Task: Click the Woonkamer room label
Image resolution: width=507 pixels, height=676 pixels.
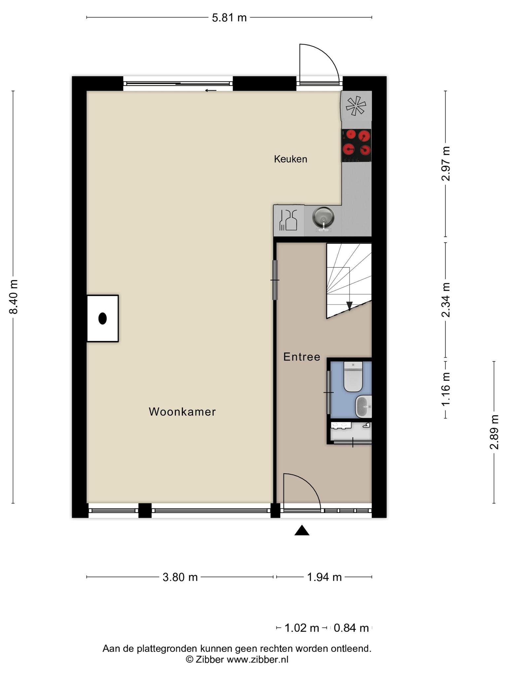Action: click(182, 412)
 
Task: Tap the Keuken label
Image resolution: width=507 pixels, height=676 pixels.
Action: click(290, 159)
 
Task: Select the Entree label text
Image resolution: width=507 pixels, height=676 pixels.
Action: click(302, 357)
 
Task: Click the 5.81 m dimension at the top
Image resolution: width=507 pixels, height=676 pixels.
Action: click(229, 17)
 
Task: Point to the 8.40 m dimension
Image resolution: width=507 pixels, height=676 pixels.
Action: click(13, 297)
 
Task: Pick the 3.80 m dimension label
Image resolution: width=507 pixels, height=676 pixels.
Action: click(180, 577)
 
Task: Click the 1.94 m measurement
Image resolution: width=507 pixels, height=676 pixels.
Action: click(324, 577)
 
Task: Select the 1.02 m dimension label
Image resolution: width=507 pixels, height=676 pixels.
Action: click(302, 627)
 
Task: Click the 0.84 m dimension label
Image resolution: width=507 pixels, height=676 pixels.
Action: click(351, 627)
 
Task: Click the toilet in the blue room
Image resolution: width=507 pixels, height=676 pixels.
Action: click(353, 377)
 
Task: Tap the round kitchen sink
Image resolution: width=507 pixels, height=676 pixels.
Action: click(323, 218)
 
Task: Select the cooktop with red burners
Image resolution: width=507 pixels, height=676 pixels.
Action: click(356, 145)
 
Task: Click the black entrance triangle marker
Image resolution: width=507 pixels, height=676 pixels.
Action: click(302, 531)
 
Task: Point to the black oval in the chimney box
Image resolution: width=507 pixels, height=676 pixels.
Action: click(103, 319)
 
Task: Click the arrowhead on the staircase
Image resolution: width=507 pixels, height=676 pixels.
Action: click(349, 306)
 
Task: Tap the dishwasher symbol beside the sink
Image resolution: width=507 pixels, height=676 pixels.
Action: click(288, 220)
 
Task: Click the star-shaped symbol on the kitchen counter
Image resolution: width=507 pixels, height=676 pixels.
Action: click(356, 106)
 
